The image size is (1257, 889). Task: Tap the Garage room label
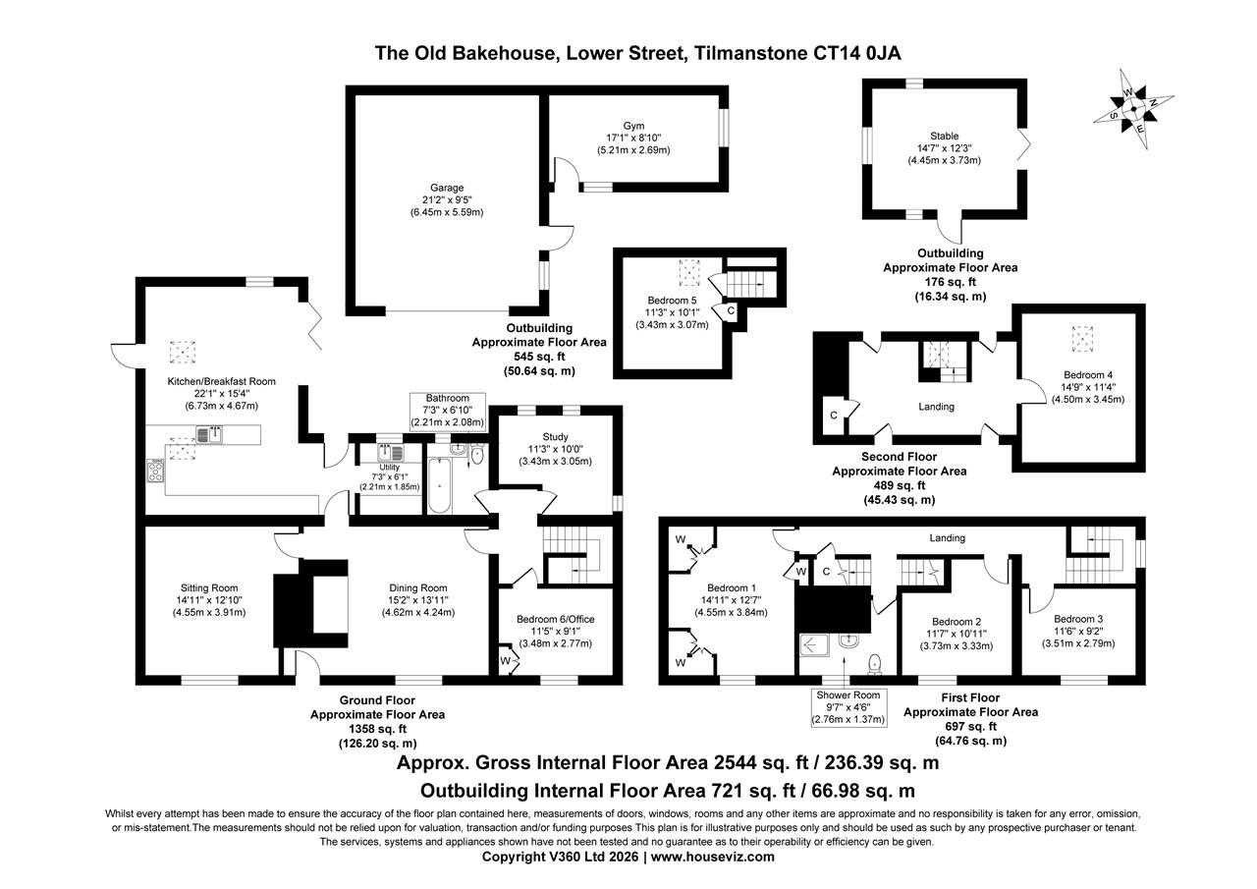(x=445, y=188)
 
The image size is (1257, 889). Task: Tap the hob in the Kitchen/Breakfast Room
(x=157, y=471)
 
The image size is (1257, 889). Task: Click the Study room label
(x=555, y=437)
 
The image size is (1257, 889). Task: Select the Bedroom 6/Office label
(x=555, y=619)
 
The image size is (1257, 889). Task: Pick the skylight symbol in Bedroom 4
(x=1082, y=339)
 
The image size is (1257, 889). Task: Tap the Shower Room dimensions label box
(x=848, y=707)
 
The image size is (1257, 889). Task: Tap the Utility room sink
(x=391, y=453)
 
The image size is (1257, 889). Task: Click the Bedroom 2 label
(x=956, y=622)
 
